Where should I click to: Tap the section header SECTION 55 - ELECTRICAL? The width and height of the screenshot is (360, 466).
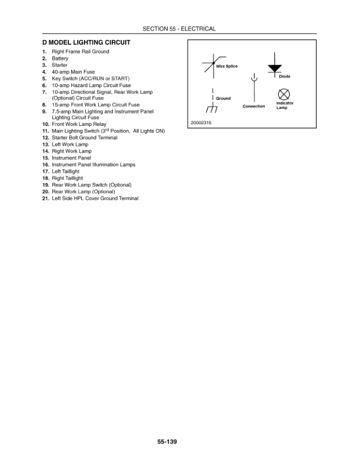point(179,29)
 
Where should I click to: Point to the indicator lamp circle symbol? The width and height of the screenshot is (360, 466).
point(283,94)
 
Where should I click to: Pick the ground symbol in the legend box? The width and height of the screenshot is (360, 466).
point(212,109)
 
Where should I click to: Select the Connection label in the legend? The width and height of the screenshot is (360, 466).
point(254,106)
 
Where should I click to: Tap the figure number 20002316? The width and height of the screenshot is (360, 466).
point(201,122)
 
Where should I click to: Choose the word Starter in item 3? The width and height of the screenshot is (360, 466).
point(59,65)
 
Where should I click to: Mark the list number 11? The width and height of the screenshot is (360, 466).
point(45,131)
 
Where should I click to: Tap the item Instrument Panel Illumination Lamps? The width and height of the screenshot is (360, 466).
point(94,165)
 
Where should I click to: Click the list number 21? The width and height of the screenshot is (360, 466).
point(45,198)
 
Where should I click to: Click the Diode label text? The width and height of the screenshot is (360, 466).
point(284,76)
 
